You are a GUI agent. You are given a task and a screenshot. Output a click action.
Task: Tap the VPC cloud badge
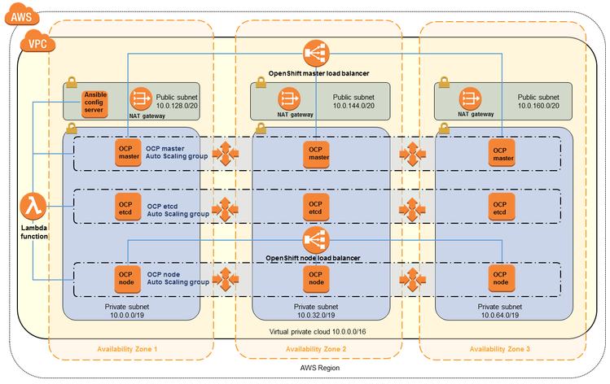(37, 42)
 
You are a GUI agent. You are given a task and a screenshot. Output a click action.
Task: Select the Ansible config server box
(94, 103)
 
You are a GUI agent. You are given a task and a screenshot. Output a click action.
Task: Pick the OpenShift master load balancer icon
(315, 55)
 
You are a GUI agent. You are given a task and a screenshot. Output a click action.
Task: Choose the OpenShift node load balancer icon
(315, 239)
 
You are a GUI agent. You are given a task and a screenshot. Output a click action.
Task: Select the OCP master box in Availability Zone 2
(316, 152)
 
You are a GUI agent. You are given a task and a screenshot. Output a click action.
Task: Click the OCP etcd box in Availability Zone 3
(500, 207)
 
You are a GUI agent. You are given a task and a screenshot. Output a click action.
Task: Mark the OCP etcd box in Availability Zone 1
(125, 207)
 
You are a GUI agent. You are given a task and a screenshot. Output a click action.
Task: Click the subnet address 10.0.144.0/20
(353, 106)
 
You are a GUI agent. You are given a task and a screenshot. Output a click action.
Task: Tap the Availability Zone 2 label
(316, 350)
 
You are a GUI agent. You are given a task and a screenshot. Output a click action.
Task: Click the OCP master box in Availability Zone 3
(500, 152)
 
